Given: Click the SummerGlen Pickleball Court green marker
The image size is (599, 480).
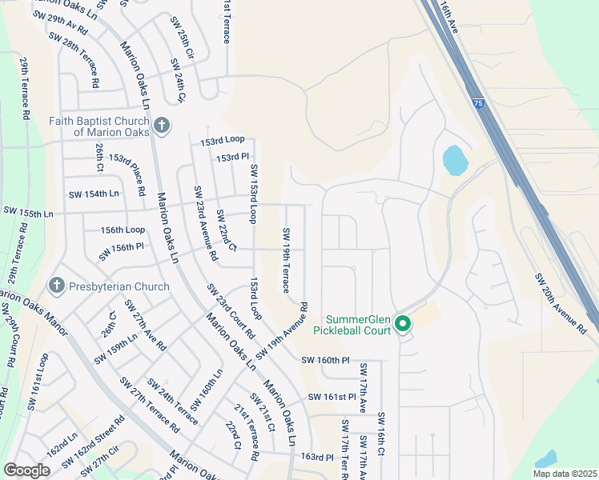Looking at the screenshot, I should (402, 325).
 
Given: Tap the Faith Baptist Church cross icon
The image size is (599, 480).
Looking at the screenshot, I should (161, 126).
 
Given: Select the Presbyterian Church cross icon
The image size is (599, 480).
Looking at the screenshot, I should (56, 286).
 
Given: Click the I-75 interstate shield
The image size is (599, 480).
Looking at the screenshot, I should (478, 103).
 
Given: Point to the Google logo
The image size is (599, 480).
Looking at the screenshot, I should (26, 470).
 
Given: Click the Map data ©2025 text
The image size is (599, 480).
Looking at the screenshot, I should (564, 474).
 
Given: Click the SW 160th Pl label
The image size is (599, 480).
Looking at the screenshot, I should (326, 360).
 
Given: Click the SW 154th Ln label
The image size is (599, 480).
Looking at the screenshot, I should (93, 194).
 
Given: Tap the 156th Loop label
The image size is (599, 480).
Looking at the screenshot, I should (123, 229).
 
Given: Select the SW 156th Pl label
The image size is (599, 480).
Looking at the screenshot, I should (122, 251).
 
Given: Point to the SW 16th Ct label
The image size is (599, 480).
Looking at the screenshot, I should (382, 434).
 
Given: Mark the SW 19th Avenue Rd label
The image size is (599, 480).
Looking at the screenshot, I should (282, 330).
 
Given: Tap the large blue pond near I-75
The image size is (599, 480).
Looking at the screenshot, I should (455, 160).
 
